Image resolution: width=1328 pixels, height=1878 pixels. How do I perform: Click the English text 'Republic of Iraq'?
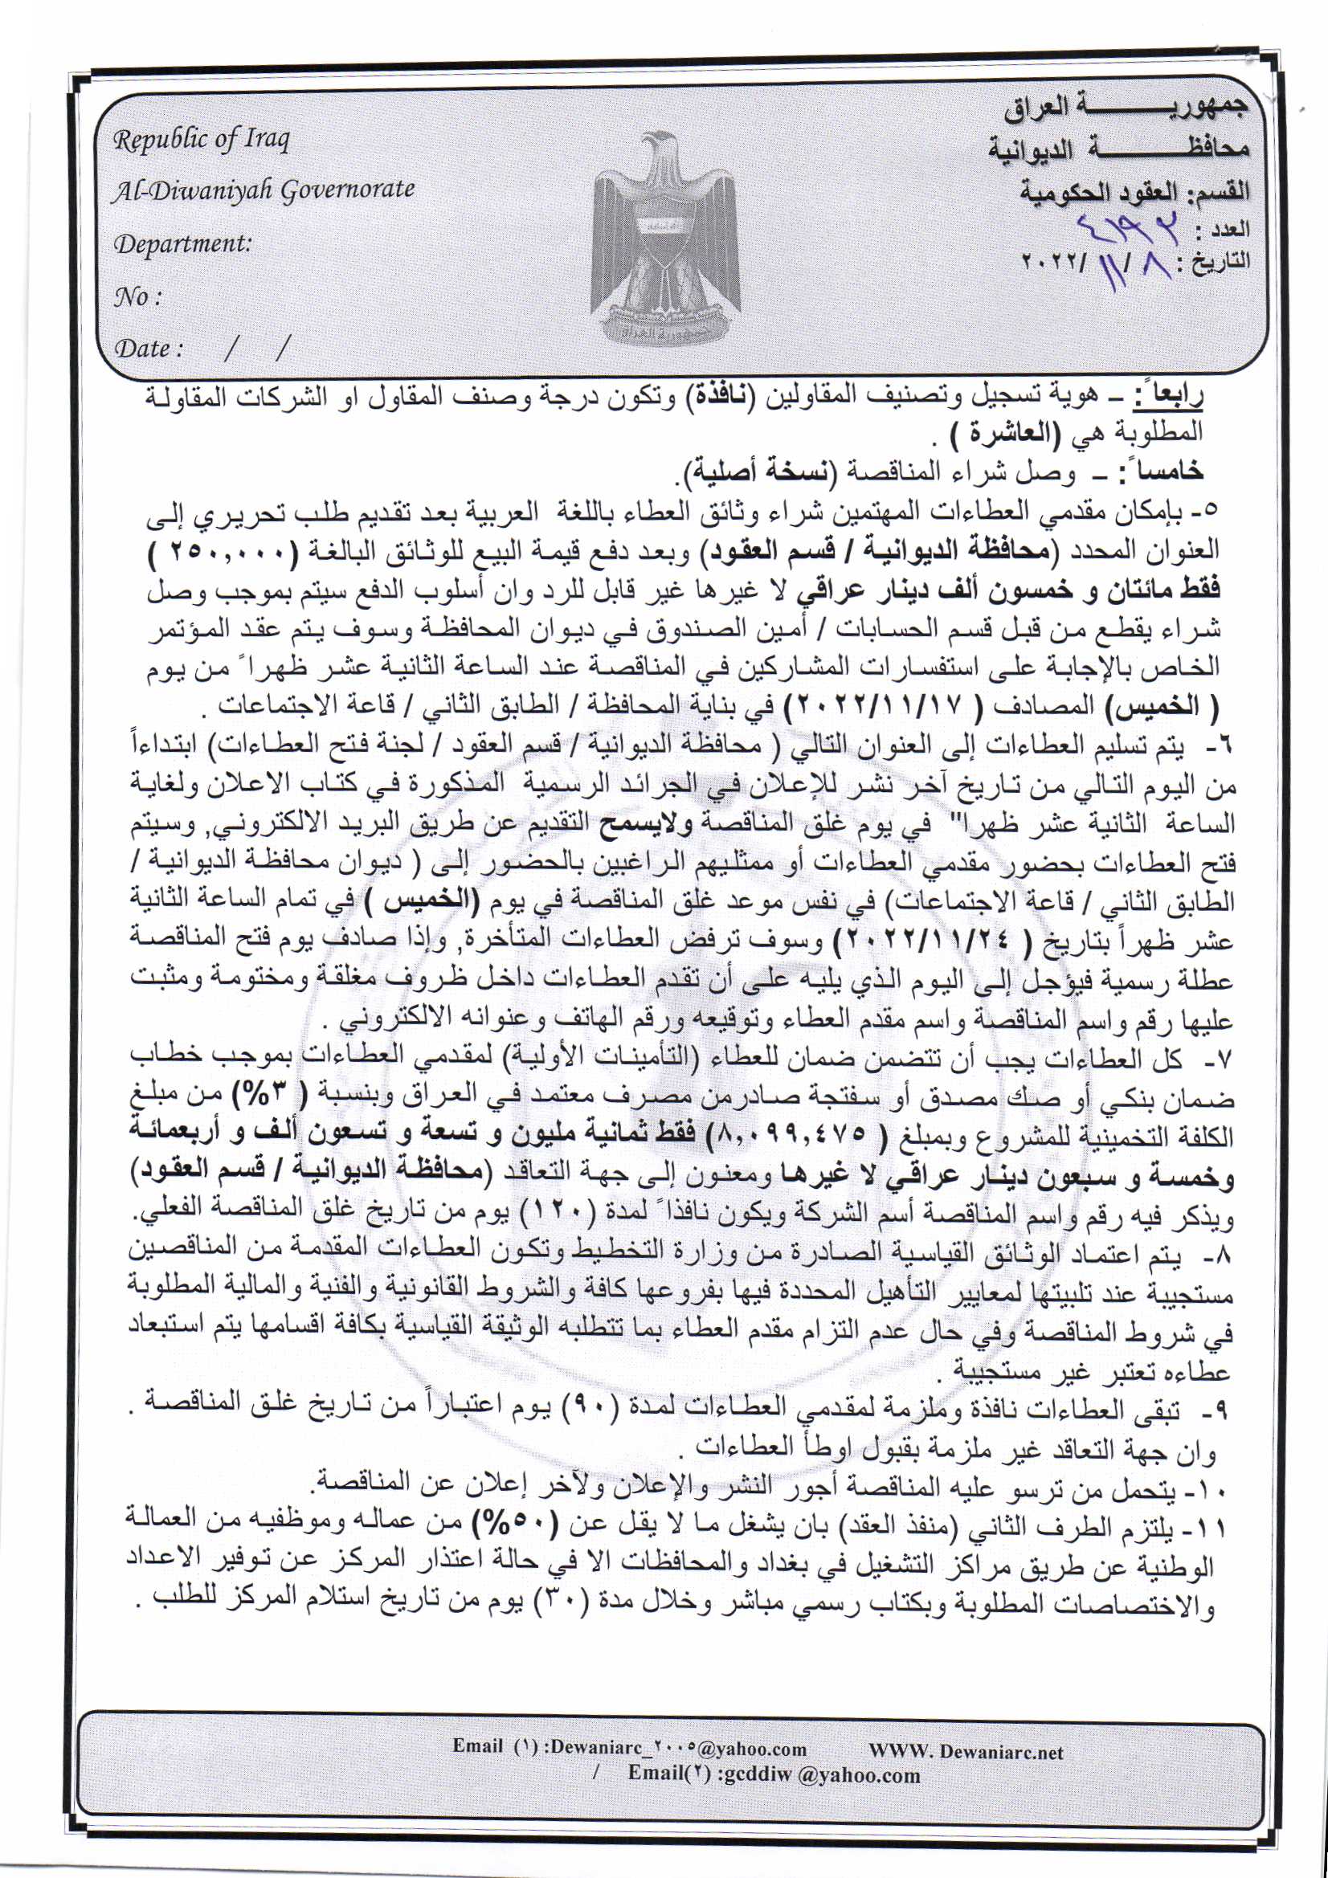(x=202, y=140)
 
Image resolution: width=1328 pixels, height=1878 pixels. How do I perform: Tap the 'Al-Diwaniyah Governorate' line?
(x=264, y=190)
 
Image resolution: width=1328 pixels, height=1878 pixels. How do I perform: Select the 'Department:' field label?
(x=182, y=243)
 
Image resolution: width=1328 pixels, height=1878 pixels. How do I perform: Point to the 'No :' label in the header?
(x=137, y=296)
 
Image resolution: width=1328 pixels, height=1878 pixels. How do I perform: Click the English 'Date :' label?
(x=147, y=349)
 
